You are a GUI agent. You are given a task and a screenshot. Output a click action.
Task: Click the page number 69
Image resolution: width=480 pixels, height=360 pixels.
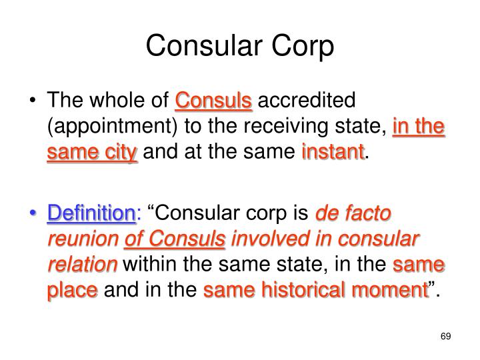[446, 335]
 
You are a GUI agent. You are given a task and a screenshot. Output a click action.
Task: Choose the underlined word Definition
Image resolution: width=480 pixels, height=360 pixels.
[91, 214]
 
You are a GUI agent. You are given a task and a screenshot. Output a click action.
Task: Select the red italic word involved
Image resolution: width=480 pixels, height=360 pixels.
[267, 239]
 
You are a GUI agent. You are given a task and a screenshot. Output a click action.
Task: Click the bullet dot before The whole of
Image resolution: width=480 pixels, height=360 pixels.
[34, 101]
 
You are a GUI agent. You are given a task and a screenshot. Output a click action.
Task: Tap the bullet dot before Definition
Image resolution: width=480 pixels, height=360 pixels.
[34, 215]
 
